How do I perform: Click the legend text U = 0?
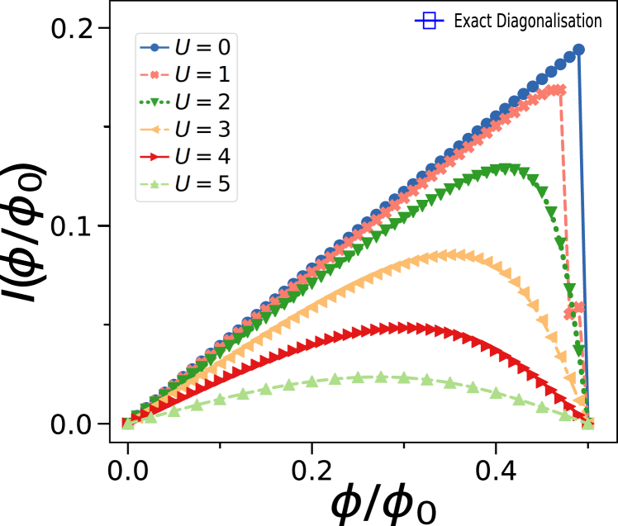click(x=202, y=47)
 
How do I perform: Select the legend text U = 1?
click(x=202, y=74)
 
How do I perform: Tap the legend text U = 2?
click(x=202, y=102)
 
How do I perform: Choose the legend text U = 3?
click(x=202, y=129)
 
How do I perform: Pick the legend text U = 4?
click(x=202, y=156)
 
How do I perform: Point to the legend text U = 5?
click(x=202, y=183)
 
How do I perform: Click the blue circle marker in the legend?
click(x=154, y=47)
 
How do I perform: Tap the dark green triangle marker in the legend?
click(x=154, y=102)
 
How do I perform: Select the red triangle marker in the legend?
click(x=154, y=157)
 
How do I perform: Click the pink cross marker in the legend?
click(x=154, y=75)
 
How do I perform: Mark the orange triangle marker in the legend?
click(x=154, y=130)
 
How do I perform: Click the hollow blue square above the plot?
click(x=429, y=21)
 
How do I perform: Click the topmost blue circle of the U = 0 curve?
click(x=578, y=50)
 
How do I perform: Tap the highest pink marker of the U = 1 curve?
click(x=560, y=88)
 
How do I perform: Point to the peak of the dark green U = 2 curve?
click(x=505, y=168)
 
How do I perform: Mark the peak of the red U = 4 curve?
click(x=405, y=327)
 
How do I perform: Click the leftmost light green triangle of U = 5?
click(x=128, y=424)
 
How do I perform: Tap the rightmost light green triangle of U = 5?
click(x=587, y=422)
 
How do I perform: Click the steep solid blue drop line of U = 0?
click(x=582, y=231)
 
